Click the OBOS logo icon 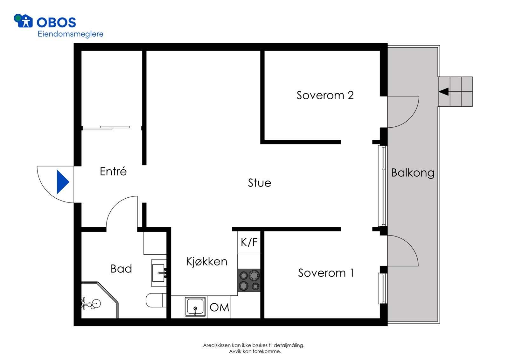coord(23,21)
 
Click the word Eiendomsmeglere coord(70,34)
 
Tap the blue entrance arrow coord(62,182)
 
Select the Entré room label coord(113,172)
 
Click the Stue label coord(259,183)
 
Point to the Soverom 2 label coord(325,95)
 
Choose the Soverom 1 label coord(326,273)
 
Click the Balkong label coord(413,173)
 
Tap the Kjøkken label coord(206,262)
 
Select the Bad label coord(121,269)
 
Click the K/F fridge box coord(249,243)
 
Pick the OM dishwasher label coord(219,307)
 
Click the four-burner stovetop coord(249,280)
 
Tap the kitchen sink coord(195,307)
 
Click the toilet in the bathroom coord(155,300)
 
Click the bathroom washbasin coord(158,273)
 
